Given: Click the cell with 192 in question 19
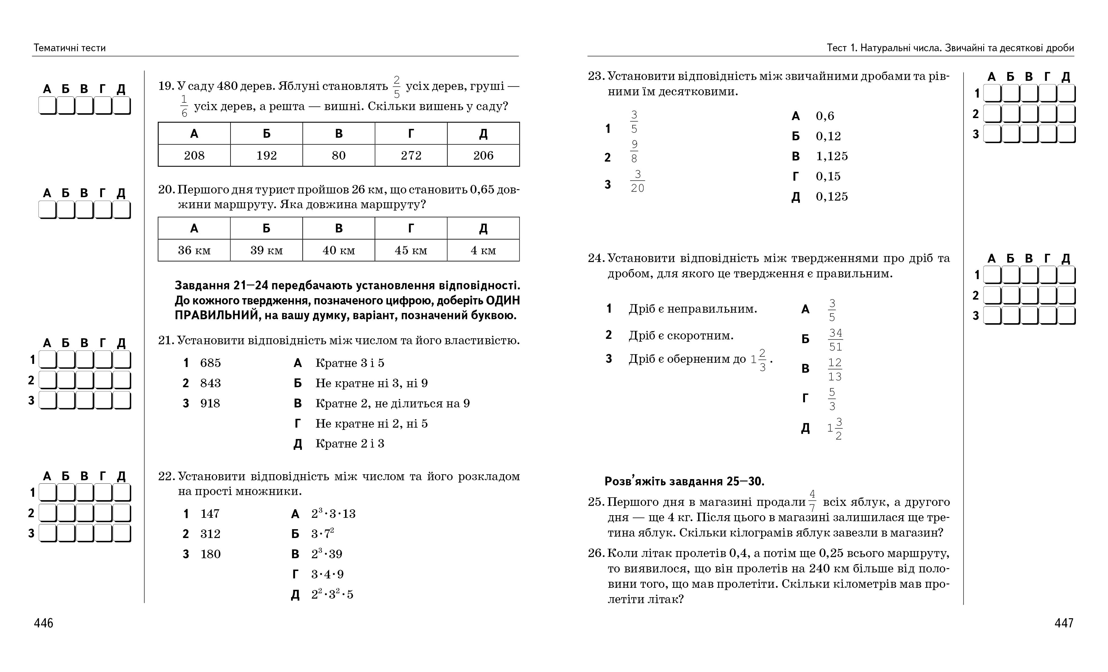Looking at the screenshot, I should [x=266, y=155].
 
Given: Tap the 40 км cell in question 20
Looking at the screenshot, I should [x=339, y=250].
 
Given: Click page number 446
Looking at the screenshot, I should [x=43, y=623].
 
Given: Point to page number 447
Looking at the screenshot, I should [x=1064, y=623].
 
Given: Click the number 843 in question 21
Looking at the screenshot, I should [x=210, y=383].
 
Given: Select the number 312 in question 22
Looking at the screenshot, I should [x=210, y=534].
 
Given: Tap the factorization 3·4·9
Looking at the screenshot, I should [x=327, y=574].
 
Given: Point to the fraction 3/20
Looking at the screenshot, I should [x=637, y=182].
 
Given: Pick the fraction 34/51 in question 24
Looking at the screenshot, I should [x=835, y=340].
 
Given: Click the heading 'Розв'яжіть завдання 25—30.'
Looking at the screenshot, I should [x=684, y=481].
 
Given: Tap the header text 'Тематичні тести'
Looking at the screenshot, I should [x=70, y=48].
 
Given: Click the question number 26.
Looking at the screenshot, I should [x=596, y=553].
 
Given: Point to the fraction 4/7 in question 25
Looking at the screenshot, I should [x=812, y=501].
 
